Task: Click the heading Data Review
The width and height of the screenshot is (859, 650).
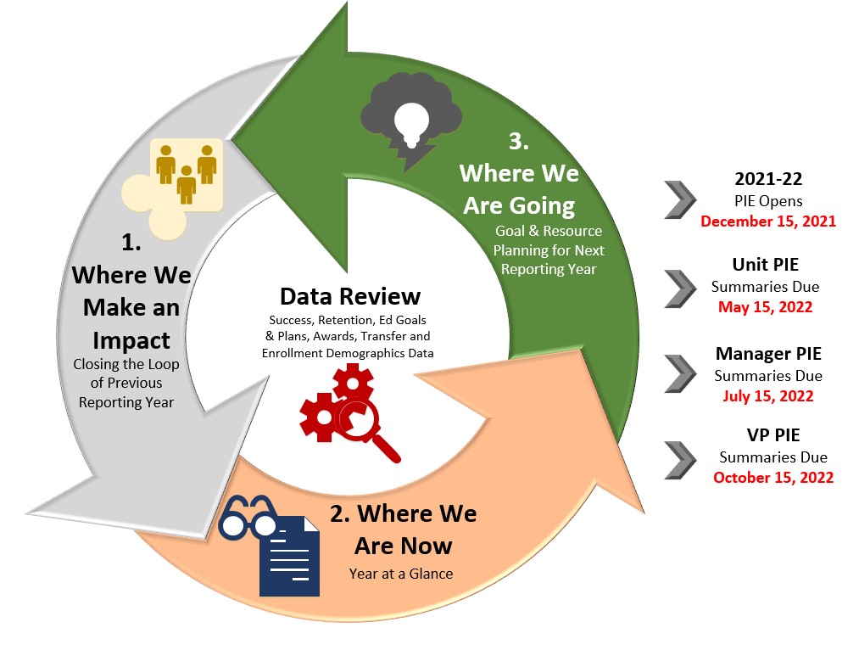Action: click(x=350, y=295)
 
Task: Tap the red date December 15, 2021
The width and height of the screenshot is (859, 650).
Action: click(x=768, y=221)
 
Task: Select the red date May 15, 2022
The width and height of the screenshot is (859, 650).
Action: click(x=765, y=306)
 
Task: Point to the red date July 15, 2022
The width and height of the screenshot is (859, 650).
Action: click(x=767, y=395)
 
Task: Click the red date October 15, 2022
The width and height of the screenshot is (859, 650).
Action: click(x=773, y=477)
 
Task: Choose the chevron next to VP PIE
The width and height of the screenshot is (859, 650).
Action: click(x=680, y=459)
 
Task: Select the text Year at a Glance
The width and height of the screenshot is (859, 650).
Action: click(x=400, y=574)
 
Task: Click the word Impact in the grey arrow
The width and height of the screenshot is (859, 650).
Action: click(x=131, y=339)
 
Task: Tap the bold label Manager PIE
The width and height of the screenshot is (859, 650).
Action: click(x=767, y=353)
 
